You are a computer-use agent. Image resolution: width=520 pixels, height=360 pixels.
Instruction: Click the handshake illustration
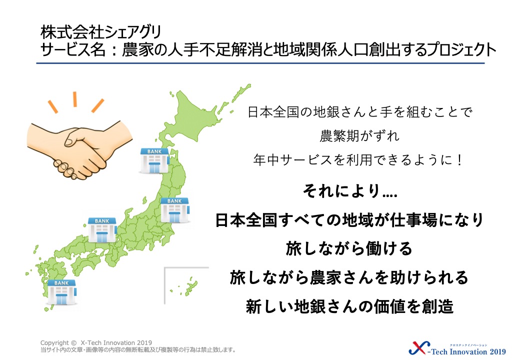(79, 149)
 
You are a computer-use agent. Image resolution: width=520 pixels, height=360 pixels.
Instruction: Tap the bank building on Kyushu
(62, 292)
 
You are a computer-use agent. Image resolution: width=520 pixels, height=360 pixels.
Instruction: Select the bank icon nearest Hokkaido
(154, 160)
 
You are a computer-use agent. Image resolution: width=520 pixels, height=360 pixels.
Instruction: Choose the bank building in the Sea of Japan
(102, 230)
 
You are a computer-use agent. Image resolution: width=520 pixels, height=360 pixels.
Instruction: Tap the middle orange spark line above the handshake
(75, 99)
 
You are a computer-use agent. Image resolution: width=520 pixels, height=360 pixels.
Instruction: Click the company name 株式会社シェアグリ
(101, 32)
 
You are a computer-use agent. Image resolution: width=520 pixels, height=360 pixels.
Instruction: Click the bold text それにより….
(350, 191)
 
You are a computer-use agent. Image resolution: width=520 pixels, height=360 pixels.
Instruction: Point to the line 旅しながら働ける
(349, 248)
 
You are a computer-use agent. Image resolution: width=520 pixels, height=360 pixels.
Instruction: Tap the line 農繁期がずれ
(359, 136)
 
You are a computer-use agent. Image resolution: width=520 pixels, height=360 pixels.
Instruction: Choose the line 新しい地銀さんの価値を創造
(349, 306)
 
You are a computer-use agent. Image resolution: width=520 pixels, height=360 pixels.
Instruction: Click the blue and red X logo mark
(419, 348)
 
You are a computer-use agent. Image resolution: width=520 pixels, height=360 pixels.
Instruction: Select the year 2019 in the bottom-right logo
(497, 351)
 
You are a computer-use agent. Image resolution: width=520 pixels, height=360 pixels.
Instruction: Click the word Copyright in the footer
(54, 343)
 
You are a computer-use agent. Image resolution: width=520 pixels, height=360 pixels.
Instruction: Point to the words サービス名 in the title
(72, 49)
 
